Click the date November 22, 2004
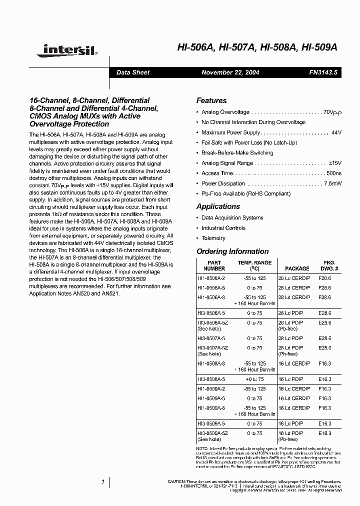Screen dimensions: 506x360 pos(230,72)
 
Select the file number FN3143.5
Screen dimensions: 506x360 pos(323,72)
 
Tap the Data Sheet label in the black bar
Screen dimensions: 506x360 pos(132,72)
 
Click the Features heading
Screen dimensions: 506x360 pos(211,100)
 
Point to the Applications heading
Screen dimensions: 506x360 pos(217,206)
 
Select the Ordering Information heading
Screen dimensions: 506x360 pos(232,251)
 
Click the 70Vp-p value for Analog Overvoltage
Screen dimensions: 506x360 pos(332,113)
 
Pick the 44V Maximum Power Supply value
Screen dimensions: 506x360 pos(336,132)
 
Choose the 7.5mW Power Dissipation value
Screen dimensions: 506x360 pos(332,183)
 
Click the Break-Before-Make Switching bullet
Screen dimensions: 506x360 pos(237,153)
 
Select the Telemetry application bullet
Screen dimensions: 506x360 pos(213,238)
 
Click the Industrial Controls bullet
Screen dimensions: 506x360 pos(223,228)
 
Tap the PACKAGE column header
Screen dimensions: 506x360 pos(297,268)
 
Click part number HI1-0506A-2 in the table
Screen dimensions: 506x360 pos(211,277)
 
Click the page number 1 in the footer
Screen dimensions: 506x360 pos(102,482)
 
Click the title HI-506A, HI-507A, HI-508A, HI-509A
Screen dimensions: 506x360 pos(257,47)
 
